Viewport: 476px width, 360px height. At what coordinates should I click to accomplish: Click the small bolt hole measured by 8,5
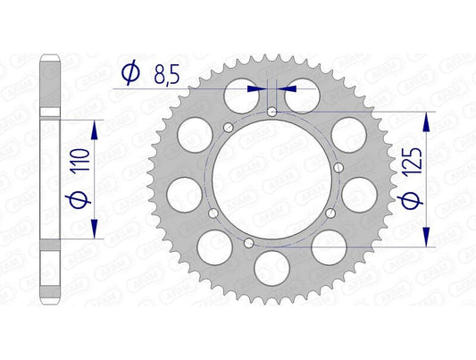coord(271,112)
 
